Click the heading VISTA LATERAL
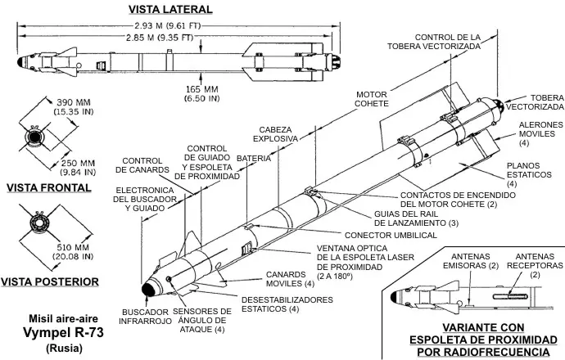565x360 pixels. pos(170,9)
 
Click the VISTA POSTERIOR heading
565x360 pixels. pos(50,282)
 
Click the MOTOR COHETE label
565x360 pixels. pos(372,99)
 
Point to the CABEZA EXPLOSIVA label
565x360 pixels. pos(280,134)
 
